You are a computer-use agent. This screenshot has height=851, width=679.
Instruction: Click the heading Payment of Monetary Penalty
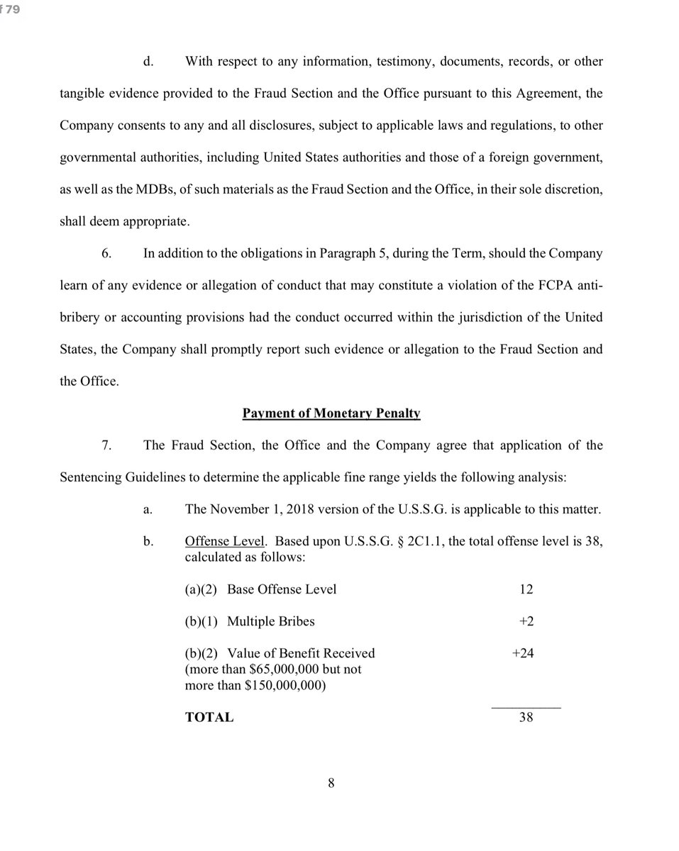point(331,413)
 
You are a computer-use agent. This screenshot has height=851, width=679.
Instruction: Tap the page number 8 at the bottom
point(331,783)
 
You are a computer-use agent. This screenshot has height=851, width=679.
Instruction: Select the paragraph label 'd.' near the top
point(148,61)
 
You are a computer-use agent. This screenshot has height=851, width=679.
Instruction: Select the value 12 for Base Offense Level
point(526,589)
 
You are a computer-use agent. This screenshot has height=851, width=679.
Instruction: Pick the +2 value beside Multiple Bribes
point(526,621)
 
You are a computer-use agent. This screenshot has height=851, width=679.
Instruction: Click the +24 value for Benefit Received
point(523,653)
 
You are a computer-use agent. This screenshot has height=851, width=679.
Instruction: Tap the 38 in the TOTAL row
point(526,717)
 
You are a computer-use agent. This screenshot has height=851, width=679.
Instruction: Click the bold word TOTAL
point(209,717)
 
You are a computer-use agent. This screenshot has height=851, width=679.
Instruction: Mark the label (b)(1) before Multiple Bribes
point(201,621)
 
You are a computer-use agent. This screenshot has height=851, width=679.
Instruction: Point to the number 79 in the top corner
point(13,9)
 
